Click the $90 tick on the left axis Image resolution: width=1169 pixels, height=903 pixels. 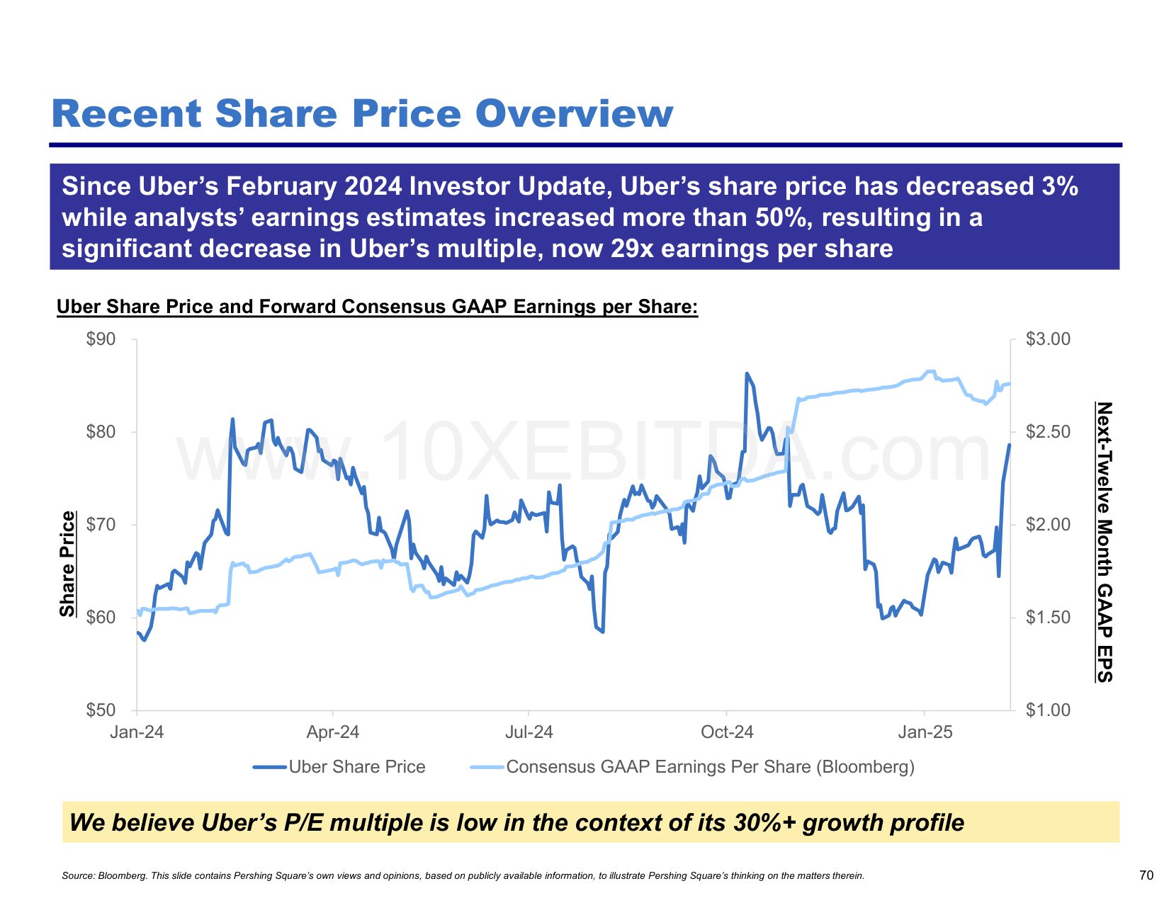[x=101, y=339]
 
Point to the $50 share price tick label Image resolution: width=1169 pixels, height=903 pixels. [x=101, y=710]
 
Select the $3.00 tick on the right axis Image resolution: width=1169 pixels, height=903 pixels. [x=1048, y=339]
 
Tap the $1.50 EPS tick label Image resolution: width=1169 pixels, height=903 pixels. [x=1048, y=618]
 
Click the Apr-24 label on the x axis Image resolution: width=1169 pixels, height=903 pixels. [x=332, y=732]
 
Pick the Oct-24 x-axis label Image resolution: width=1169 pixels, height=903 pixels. [x=727, y=732]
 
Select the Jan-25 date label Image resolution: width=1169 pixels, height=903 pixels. [x=925, y=732]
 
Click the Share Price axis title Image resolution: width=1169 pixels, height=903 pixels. [x=67, y=564]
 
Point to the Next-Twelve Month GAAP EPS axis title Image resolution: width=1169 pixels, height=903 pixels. [x=1105, y=542]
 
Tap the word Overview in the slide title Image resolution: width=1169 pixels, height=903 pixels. [x=574, y=114]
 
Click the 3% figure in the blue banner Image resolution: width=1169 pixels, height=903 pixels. [x=1060, y=186]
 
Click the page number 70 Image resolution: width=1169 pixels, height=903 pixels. [x=1146, y=875]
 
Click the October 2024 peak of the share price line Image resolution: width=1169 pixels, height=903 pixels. [x=747, y=373]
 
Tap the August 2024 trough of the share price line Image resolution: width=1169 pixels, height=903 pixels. [x=603, y=632]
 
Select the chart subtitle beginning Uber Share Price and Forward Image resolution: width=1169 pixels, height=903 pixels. [x=377, y=307]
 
